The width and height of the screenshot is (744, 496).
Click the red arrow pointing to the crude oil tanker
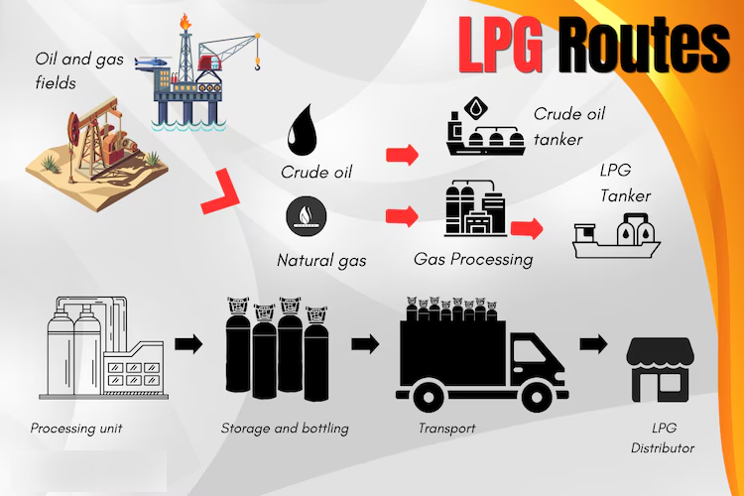(x=401, y=154)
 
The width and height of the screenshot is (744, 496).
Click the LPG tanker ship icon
(x=620, y=239)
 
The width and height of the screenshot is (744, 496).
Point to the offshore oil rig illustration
(x=202, y=74)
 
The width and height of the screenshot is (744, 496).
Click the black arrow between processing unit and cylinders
(x=188, y=344)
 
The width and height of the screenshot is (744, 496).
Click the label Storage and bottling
(x=285, y=430)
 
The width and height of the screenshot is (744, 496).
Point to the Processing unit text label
(x=76, y=430)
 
